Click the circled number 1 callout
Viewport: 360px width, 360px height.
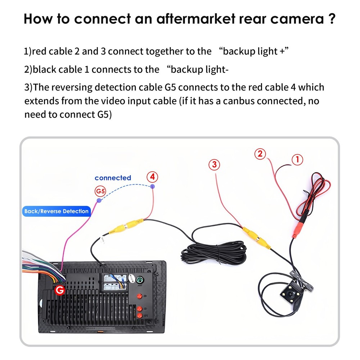tap(297, 159)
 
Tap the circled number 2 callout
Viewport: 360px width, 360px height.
tap(260, 154)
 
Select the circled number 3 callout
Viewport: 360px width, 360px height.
tap(214, 165)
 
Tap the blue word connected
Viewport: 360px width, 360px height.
tap(113, 178)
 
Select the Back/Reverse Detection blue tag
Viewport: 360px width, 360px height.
tap(56, 211)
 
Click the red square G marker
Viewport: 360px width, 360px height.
tap(59, 290)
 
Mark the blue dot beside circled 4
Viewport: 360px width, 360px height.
tap(153, 186)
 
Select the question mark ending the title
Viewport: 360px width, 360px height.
tap(332, 19)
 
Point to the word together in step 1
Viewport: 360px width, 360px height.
tap(165, 51)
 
